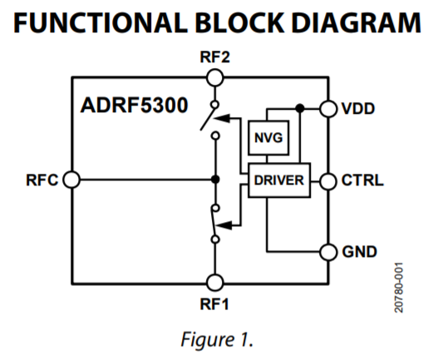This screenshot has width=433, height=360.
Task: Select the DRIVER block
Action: (x=278, y=180)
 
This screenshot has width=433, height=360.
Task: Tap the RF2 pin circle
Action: (x=215, y=77)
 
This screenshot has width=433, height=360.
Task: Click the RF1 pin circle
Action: (x=215, y=282)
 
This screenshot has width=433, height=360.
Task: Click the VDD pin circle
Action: (x=329, y=108)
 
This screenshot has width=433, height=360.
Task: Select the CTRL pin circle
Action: (x=329, y=180)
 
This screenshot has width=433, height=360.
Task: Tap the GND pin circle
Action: (x=329, y=251)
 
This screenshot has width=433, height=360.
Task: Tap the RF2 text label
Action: (x=215, y=57)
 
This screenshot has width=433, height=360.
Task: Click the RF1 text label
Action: (x=215, y=303)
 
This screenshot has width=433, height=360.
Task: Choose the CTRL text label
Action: (x=362, y=180)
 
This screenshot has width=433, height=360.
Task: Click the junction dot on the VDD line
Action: (x=299, y=108)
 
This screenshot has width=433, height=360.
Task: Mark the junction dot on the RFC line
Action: (x=215, y=180)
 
